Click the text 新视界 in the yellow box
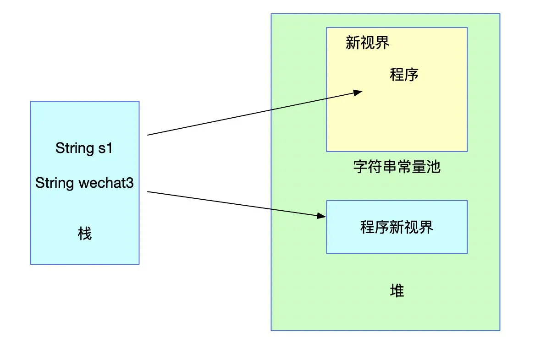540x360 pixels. [367, 43]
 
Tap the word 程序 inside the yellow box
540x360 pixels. [404, 74]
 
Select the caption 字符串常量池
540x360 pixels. [397, 166]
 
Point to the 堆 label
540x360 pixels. [397, 290]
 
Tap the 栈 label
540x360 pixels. [85, 234]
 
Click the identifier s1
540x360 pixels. [105, 148]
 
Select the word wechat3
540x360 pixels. [106, 183]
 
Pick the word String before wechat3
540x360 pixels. [55, 183]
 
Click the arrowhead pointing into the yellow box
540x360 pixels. [358, 92]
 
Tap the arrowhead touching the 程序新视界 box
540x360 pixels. [321, 215]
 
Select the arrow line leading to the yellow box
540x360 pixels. [252, 114]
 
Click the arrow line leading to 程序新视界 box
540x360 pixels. [234, 203]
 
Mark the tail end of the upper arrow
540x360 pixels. [149, 135]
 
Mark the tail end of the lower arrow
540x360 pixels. [149, 192]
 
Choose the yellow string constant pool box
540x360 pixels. [397, 119]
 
